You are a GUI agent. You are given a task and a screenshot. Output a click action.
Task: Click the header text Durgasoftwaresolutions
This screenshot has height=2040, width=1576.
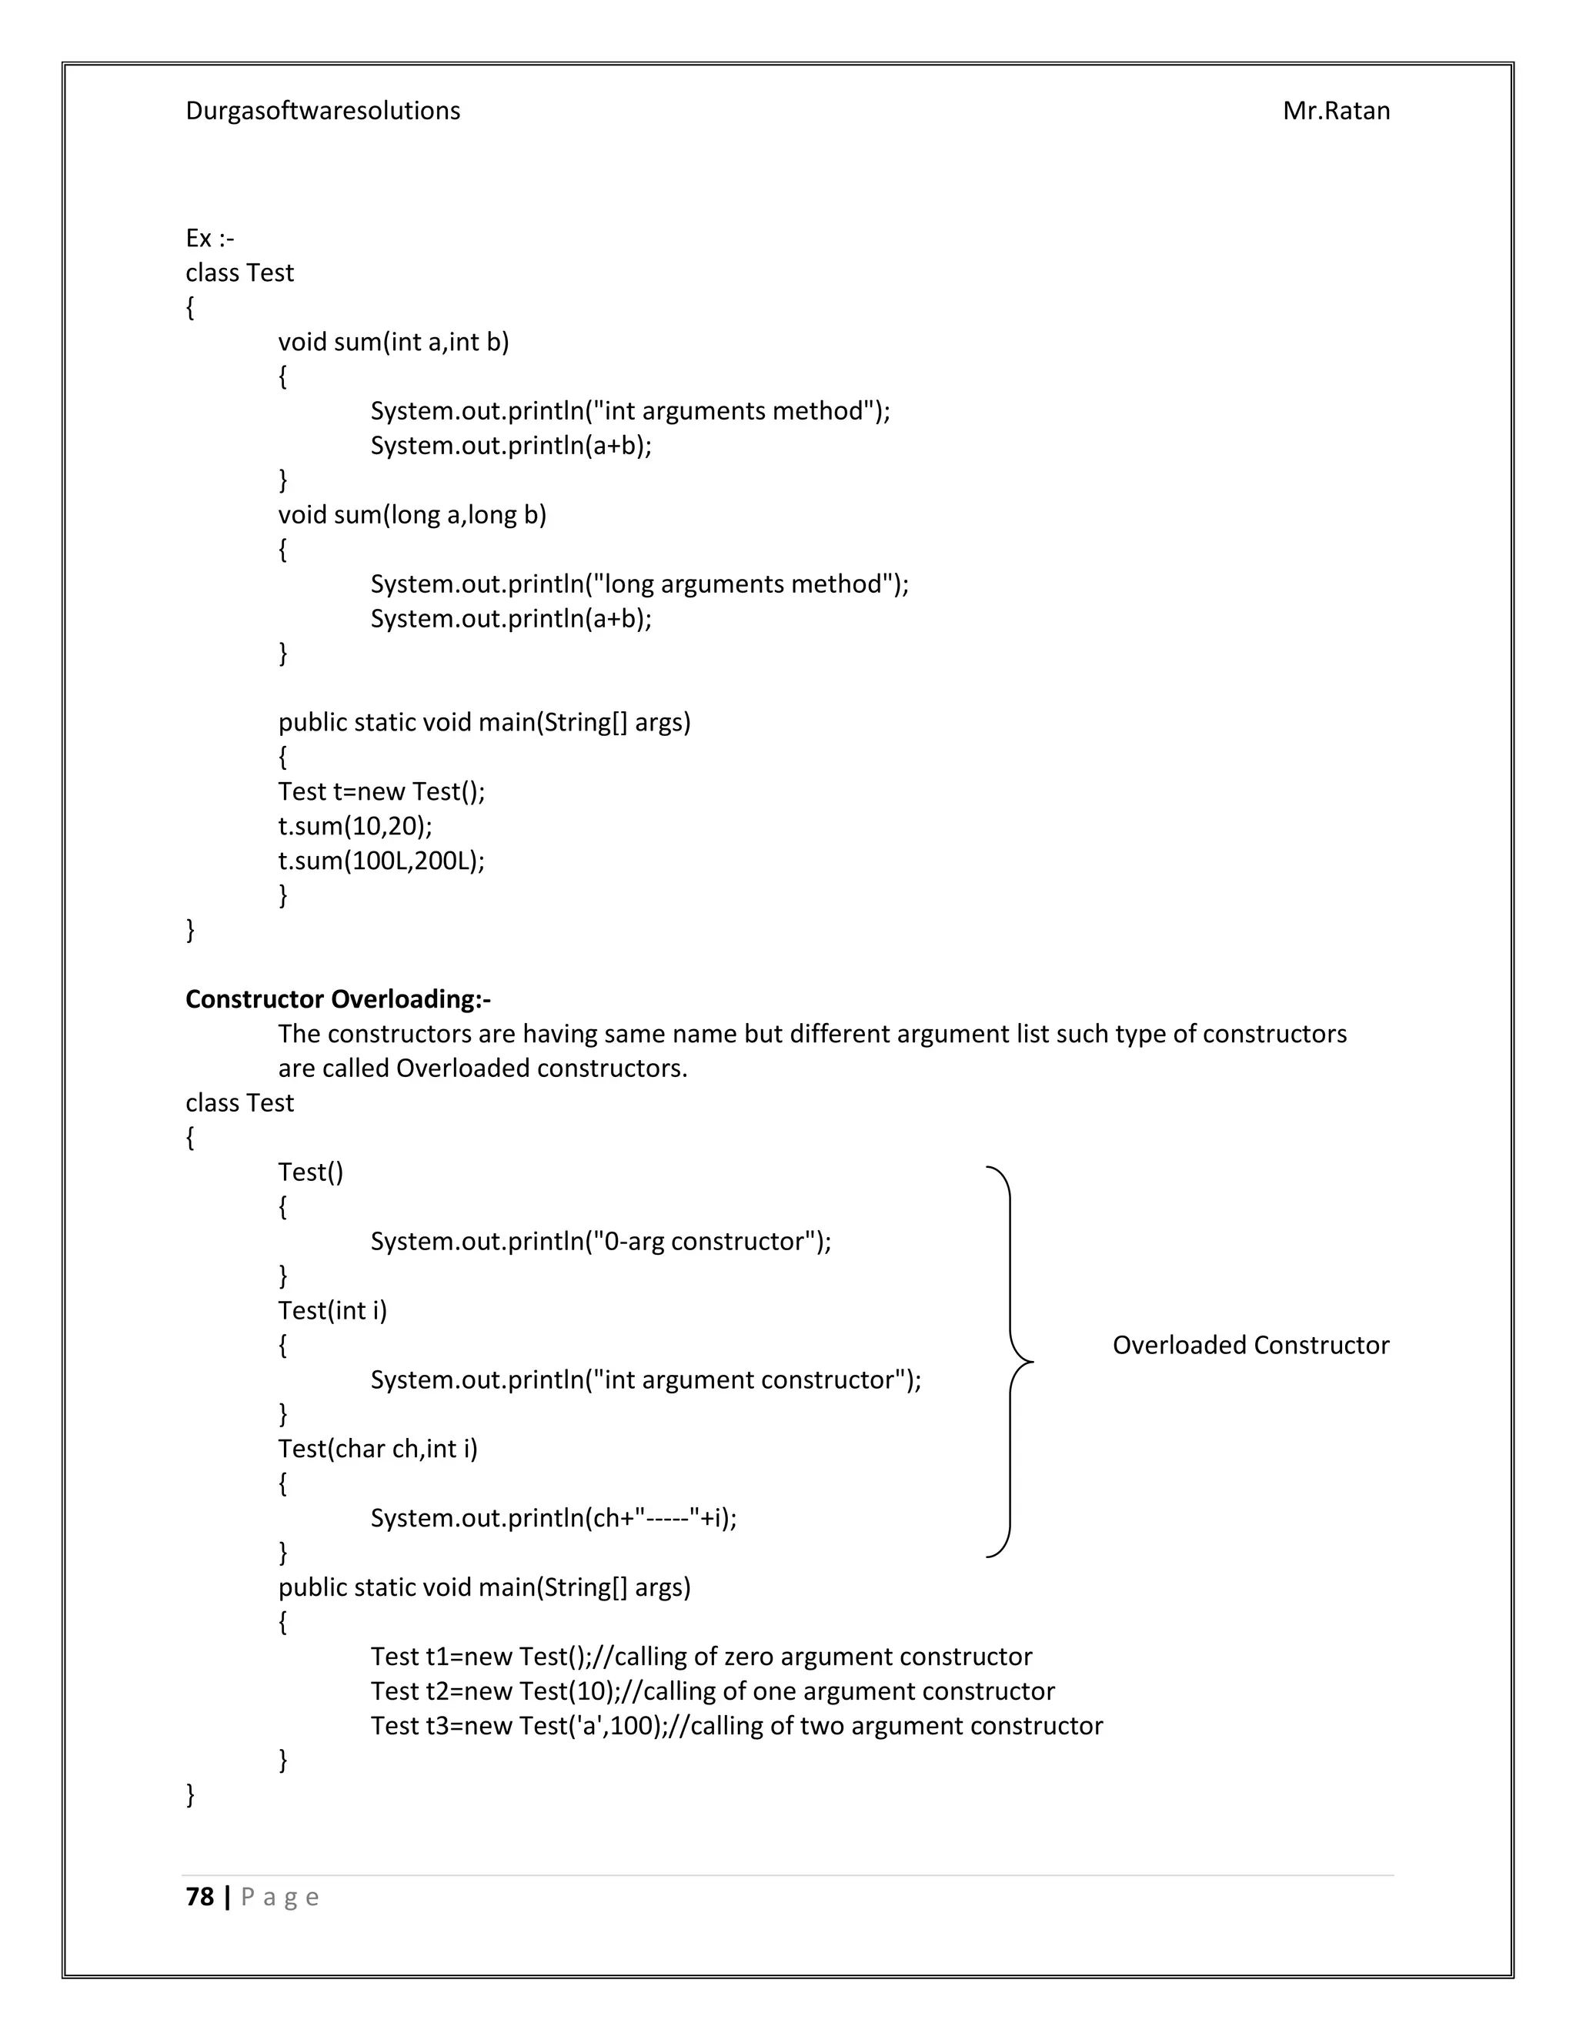[322, 111]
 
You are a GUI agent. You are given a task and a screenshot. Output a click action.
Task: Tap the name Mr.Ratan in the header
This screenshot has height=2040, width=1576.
[1335, 111]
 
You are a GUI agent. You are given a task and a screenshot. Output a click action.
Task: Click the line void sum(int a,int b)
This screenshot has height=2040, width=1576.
[393, 342]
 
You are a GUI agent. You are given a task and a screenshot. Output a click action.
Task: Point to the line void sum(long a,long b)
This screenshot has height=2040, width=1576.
[412, 515]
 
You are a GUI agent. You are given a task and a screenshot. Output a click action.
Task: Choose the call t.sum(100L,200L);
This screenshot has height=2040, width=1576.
[381, 861]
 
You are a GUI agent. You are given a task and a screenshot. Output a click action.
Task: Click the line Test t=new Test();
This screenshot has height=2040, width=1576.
[381, 791]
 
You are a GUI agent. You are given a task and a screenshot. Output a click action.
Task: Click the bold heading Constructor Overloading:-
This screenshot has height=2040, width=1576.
[338, 999]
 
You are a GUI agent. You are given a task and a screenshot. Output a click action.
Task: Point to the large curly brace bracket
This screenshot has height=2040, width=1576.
[1012, 1362]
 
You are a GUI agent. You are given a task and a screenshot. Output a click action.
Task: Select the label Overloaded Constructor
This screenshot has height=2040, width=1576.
[1250, 1345]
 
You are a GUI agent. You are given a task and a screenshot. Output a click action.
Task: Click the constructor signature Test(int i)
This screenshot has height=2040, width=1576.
[332, 1310]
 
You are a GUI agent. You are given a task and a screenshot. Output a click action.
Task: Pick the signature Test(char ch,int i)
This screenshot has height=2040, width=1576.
[377, 1449]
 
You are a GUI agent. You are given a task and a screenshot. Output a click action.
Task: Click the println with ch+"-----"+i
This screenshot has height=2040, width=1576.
[553, 1518]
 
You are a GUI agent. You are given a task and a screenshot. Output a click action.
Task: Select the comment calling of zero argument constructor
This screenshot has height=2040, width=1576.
[822, 1656]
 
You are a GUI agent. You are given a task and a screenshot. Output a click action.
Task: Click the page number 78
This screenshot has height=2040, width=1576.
[200, 1897]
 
